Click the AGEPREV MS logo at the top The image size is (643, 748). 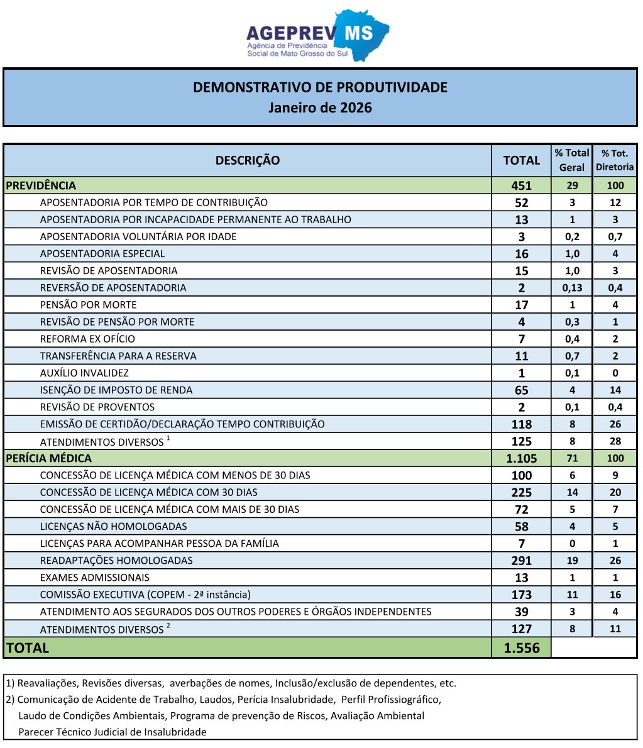pos(317,36)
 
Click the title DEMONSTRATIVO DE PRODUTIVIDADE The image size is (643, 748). pos(321,87)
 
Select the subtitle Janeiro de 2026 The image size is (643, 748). pos(321,107)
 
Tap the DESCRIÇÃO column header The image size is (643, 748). pos(248,160)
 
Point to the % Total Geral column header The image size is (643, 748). pos(572,160)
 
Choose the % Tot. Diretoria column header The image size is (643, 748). pos(615,160)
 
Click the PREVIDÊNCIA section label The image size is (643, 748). pos(41,185)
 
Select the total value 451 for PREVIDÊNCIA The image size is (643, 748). pos(521,185)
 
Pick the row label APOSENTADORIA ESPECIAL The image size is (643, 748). pos(102,254)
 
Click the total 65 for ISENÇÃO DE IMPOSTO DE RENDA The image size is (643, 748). pos(521,390)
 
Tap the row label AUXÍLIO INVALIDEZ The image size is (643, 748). pos(84,373)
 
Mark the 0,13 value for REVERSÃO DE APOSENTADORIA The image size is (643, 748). pos(572,288)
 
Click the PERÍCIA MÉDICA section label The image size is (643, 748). pos(48,458)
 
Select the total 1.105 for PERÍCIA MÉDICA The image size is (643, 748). pos(521,458)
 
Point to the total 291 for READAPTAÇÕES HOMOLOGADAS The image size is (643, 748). pos(521,561)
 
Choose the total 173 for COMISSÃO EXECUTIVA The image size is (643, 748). pos(521,595)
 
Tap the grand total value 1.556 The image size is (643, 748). pos(521,648)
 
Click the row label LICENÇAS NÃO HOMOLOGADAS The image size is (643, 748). pos(114,526)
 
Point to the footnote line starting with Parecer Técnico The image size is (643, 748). pos(113,732)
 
